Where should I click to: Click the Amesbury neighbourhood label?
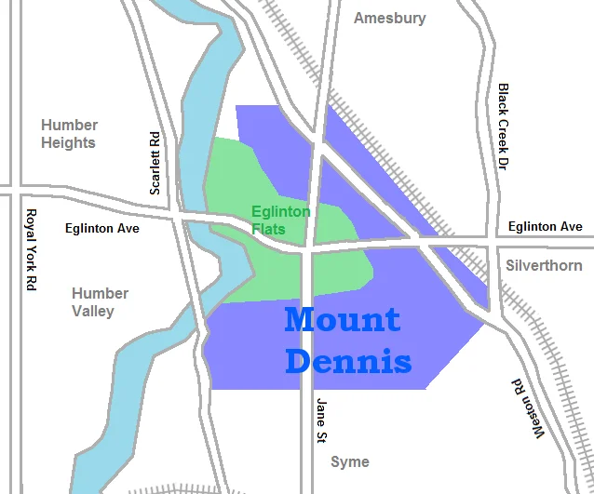(x=390, y=18)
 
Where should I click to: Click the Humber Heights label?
(x=69, y=134)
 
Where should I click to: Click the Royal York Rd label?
(x=31, y=249)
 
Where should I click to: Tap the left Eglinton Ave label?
(x=102, y=228)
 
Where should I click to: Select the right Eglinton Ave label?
(x=546, y=226)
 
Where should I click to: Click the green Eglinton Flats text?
(x=280, y=220)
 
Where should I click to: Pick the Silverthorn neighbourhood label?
(x=543, y=265)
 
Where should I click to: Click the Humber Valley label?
(x=100, y=302)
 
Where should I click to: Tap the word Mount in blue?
(x=343, y=319)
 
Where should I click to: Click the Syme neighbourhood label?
(x=350, y=461)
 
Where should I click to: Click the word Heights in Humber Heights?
(x=69, y=143)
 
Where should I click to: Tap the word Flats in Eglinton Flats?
(x=268, y=228)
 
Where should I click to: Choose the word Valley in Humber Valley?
(x=93, y=311)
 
